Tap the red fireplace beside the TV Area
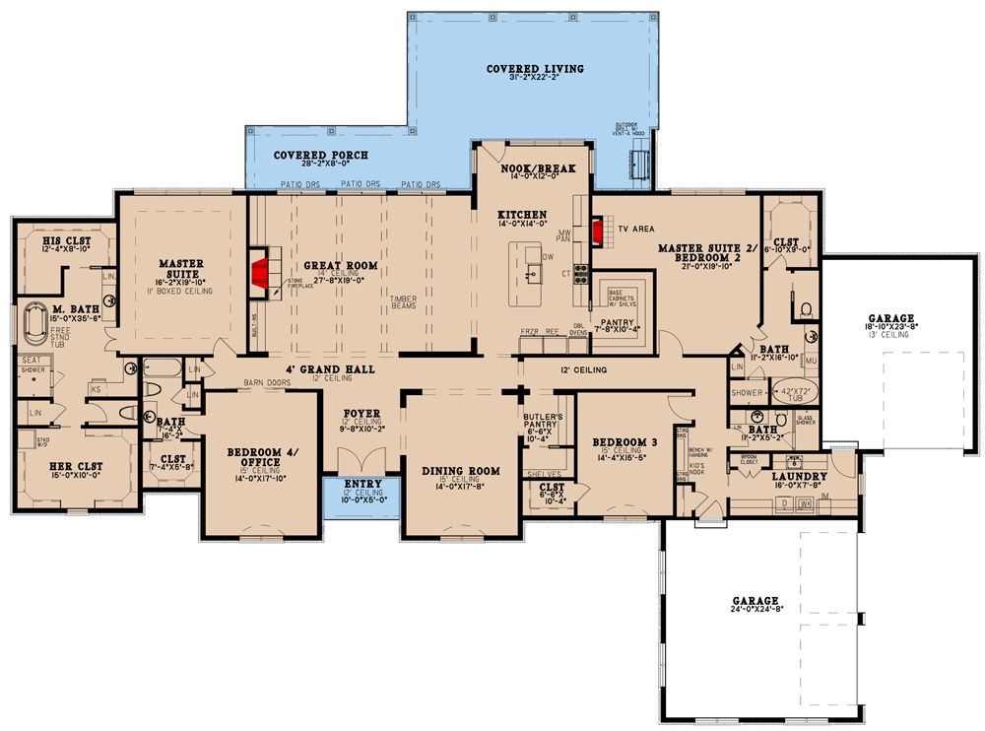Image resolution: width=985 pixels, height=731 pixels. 597,231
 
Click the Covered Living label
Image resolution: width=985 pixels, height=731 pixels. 535,69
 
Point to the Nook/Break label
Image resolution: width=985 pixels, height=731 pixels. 537,168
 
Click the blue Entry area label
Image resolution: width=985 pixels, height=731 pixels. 362,485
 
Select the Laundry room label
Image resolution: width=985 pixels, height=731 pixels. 793,476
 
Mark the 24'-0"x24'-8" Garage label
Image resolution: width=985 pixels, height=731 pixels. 755,600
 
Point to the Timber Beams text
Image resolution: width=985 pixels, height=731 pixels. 405,301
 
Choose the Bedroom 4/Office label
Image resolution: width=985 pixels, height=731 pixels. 261,457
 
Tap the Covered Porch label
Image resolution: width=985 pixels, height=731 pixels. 321,155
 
